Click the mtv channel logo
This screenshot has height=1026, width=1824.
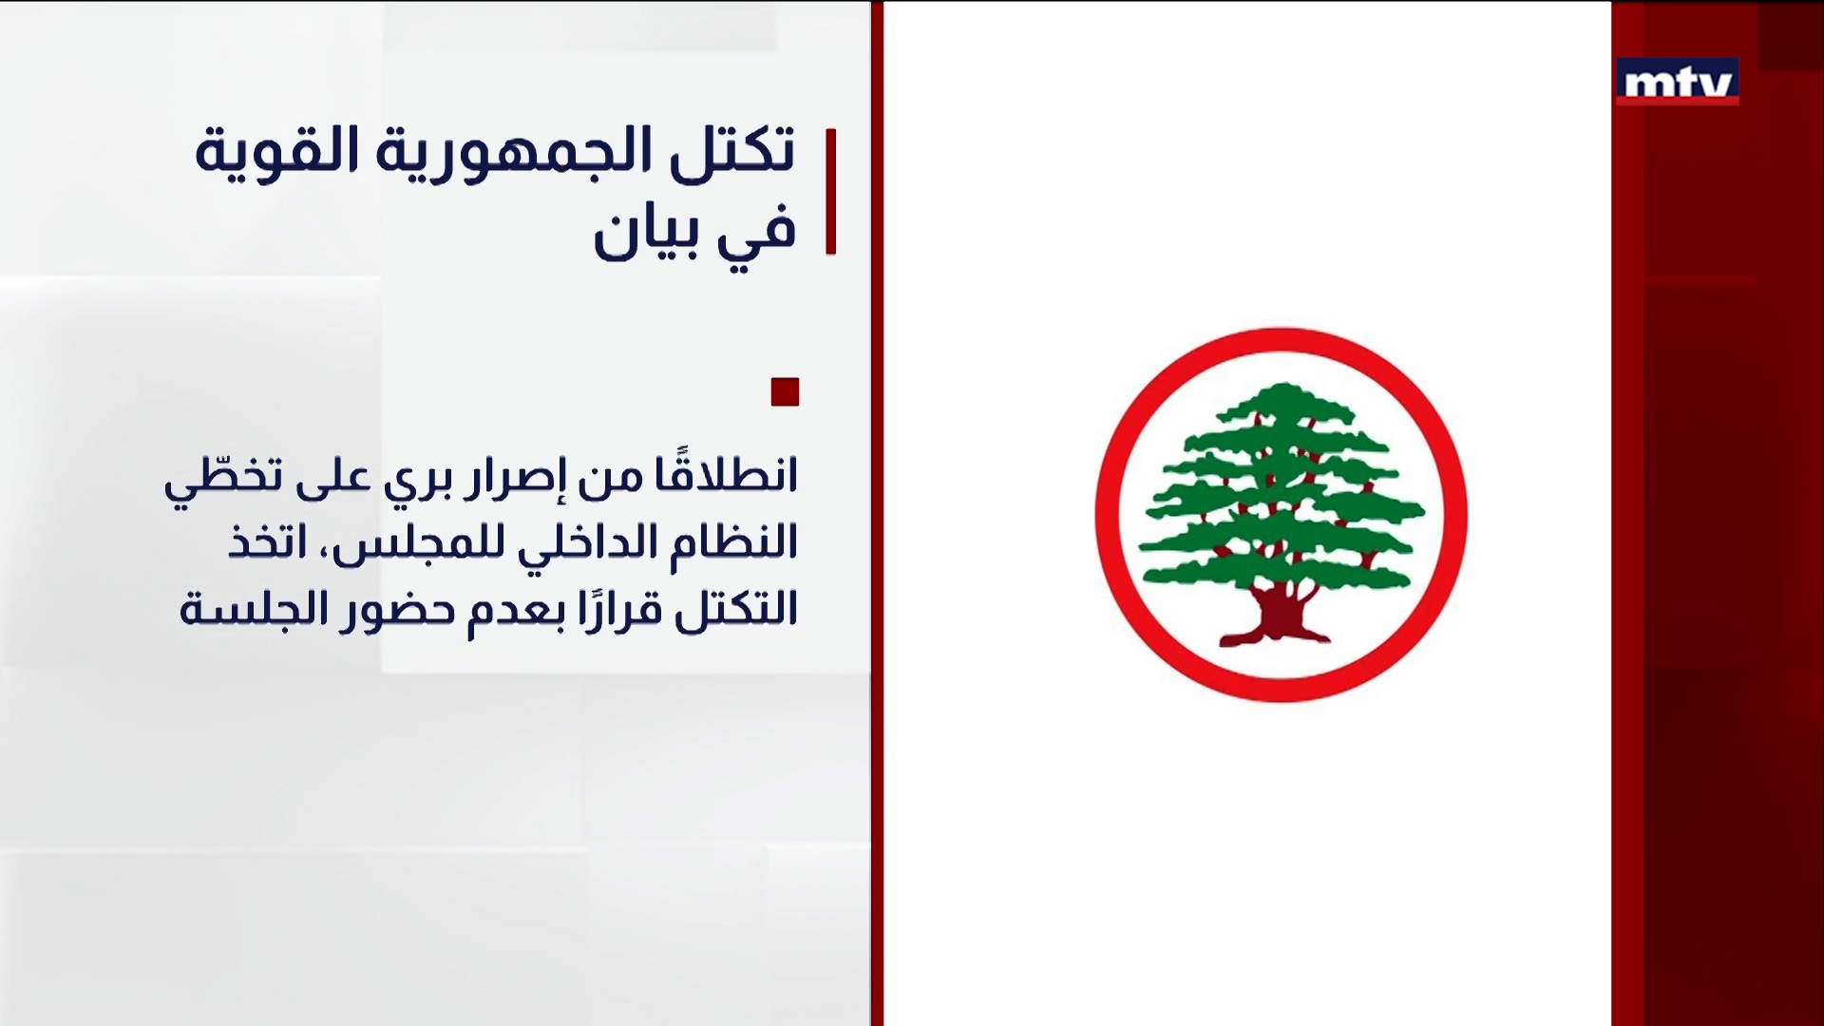tap(1677, 81)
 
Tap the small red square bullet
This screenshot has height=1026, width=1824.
tap(785, 391)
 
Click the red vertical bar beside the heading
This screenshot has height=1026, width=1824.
tap(831, 191)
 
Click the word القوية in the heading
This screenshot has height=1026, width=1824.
tap(275, 152)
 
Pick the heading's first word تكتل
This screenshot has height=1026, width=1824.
tap(732, 152)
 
